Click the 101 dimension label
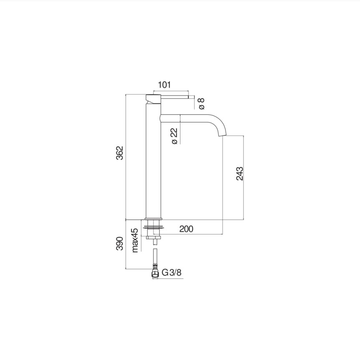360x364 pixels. (x=164, y=85)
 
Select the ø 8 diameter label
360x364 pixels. (x=201, y=104)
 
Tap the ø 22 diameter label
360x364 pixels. (x=175, y=136)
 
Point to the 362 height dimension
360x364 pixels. (x=119, y=153)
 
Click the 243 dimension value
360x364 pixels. (x=240, y=173)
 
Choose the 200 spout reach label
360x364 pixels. (x=186, y=229)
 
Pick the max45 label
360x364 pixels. (x=135, y=240)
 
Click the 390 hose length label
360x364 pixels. (x=119, y=244)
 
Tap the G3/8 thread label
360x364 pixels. (x=172, y=272)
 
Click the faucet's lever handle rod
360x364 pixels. (x=175, y=97)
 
